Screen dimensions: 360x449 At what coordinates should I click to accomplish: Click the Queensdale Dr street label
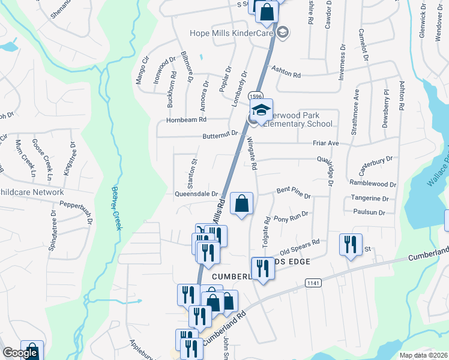[x=196, y=194]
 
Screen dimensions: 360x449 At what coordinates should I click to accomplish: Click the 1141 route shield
[x=313, y=282]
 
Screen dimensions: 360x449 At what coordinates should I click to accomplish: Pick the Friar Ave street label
[x=326, y=143]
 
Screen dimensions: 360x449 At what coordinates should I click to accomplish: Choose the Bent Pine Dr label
[x=294, y=193]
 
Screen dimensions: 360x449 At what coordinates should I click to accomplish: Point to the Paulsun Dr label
[x=369, y=212]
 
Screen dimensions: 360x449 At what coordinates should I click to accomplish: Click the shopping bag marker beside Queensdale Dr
[x=241, y=204]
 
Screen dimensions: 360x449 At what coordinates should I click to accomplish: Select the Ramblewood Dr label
[x=373, y=184]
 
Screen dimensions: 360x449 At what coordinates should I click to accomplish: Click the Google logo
[x=20, y=353]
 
